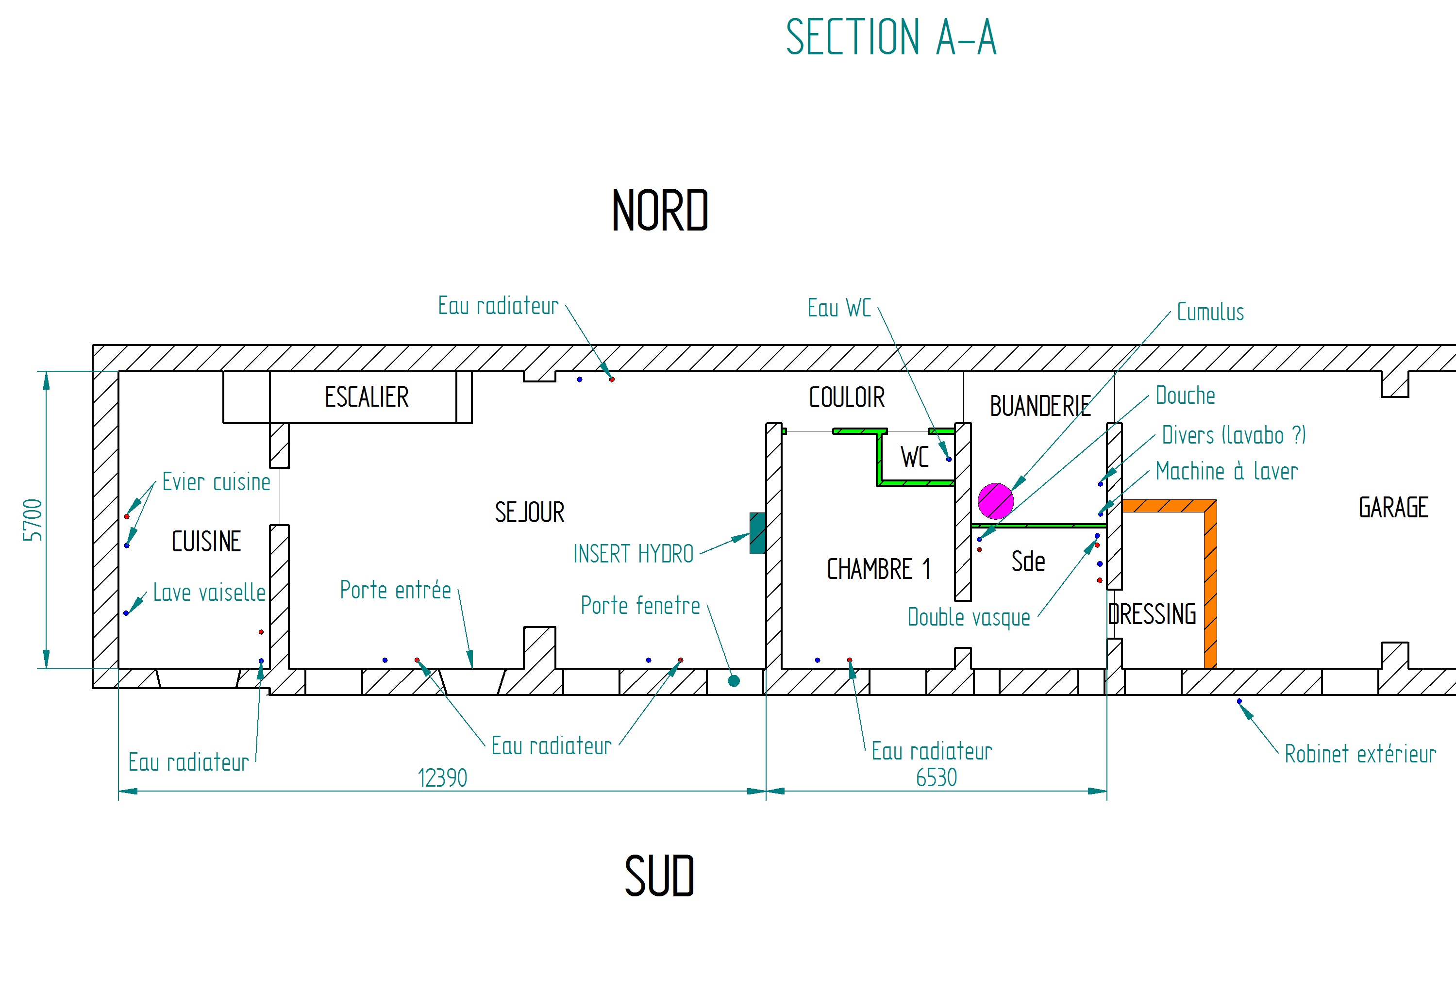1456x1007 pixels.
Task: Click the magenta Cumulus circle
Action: (995, 501)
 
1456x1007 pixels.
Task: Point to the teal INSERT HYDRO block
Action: (757, 533)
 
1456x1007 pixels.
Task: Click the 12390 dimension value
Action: (442, 778)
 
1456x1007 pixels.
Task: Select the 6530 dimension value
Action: (936, 778)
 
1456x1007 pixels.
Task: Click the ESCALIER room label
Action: (366, 397)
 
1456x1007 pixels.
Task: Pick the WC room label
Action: (915, 458)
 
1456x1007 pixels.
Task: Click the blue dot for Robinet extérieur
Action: (1239, 701)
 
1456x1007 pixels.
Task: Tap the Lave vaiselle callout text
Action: (209, 593)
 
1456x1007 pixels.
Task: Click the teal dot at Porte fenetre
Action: (734, 681)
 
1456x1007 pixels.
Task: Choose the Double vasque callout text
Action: (969, 617)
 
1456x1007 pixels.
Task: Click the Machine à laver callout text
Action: (1226, 471)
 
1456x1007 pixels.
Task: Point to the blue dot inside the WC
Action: (949, 459)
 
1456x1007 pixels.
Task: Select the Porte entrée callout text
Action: (395, 591)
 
